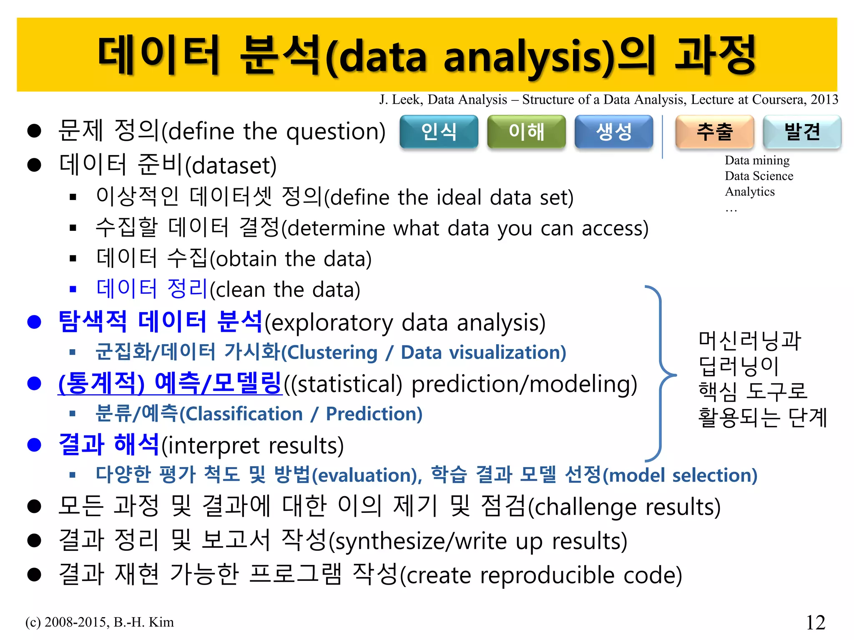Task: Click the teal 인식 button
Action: (439, 132)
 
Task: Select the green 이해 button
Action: (526, 132)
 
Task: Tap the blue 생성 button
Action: (614, 132)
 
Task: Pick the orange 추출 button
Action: (715, 132)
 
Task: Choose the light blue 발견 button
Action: (802, 132)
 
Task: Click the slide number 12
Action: (816, 622)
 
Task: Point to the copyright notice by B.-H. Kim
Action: (100, 622)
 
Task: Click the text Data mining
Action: (757, 160)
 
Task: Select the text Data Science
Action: (759, 176)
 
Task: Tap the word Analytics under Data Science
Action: (750, 192)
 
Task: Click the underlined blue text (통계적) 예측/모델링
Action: (170, 383)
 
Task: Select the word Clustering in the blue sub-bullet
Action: (332, 353)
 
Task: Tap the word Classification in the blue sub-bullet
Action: (244, 414)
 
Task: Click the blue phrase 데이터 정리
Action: (152, 289)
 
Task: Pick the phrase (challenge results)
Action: (624, 507)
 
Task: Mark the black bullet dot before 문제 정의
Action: (34, 131)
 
